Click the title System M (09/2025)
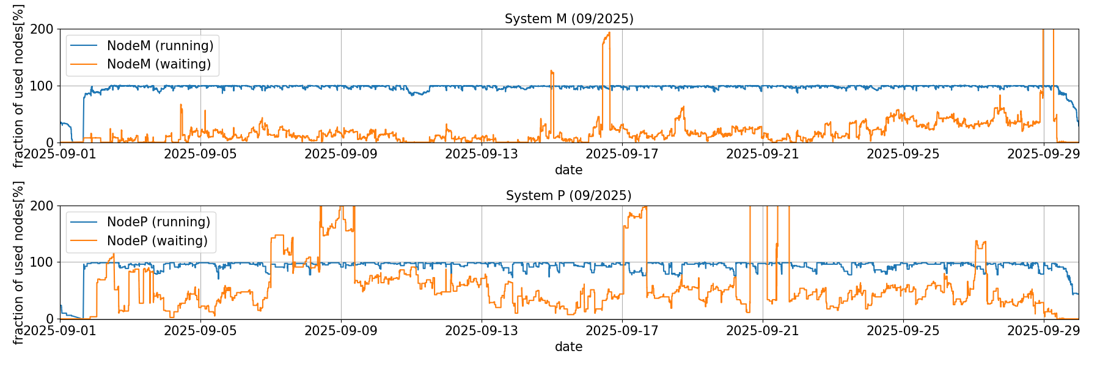pyautogui.click(x=568, y=19)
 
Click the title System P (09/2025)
pyautogui.click(x=568, y=196)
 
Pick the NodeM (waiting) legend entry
pyautogui.click(x=159, y=64)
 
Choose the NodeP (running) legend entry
pyautogui.click(x=158, y=222)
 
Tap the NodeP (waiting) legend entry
pyautogui.click(x=157, y=241)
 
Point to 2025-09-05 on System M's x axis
pyautogui.click(x=200, y=154)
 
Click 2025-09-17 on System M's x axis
pyautogui.click(x=622, y=154)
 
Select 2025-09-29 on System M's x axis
pyautogui.click(x=1043, y=154)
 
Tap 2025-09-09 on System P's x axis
pyautogui.click(x=341, y=331)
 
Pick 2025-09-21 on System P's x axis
pyautogui.click(x=763, y=331)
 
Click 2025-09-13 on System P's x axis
pyautogui.click(x=482, y=331)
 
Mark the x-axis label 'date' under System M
pyautogui.click(x=568, y=170)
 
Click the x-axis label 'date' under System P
pyautogui.click(x=568, y=347)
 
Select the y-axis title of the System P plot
pyautogui.click(x=18, y=262)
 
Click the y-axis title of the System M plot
pyautogui.click(x=18, y=86)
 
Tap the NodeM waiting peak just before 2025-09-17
pyautogui.click(x=609, y=33)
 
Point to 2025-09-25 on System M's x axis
pyautogui.click(x=903, y=154)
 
